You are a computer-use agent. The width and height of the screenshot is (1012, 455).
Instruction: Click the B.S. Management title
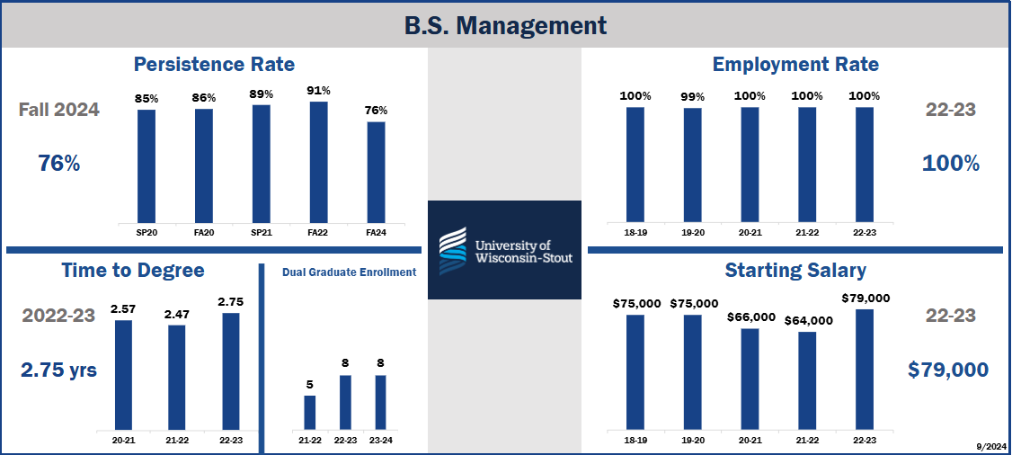tap(505, 24)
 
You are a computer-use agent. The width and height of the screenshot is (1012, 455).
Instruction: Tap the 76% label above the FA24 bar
tap(376, 111)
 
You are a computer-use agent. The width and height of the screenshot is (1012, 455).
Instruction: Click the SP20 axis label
tap(146, 231)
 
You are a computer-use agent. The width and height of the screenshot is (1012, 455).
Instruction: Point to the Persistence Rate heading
tap(214, 65)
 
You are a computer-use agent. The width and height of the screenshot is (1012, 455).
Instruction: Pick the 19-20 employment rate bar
tap(692, 165)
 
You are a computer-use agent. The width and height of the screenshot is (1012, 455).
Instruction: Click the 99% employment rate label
tap(692, 96)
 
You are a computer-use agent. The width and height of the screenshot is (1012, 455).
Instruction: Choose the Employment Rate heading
tap(795, 65)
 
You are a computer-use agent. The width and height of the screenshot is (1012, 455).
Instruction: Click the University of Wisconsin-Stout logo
tap(504, 250)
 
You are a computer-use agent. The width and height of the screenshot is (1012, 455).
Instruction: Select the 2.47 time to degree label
tap(176, 314)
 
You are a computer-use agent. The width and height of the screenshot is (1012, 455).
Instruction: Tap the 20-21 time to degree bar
tap(123, 374)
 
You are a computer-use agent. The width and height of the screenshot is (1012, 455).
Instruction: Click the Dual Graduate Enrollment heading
tap(349, 272)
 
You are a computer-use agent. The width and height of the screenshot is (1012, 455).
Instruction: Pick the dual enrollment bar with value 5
tap(309, 412)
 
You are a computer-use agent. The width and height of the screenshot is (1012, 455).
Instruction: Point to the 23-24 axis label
tap(380, 440)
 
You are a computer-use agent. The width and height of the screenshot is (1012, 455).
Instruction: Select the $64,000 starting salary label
tap(808, 320)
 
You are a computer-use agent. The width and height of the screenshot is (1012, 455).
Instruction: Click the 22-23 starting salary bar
tap(865, 369)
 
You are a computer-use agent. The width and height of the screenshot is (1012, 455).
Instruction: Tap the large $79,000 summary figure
tap(947, 370)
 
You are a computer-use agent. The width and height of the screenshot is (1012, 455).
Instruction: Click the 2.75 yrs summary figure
tap(59, 370)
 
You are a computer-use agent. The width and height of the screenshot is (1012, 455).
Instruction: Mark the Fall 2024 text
tap(59, 111)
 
